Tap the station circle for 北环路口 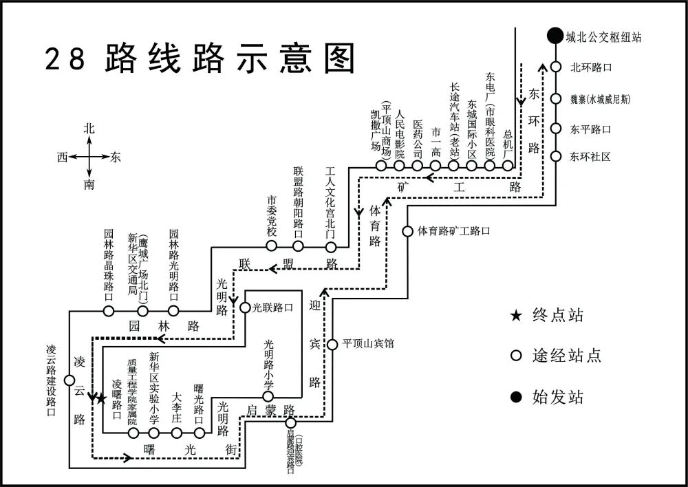[556, 67]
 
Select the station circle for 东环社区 [556, 156]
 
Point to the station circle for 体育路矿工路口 [407, 231]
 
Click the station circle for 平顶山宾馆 [332, 344]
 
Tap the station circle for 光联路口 [245, 308]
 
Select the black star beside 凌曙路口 [101, 398]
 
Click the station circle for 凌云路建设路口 [69, 380]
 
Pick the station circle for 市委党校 [272, 246]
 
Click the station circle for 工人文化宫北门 [331, 246]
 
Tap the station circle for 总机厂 [508, 166]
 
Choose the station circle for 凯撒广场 [381, 166]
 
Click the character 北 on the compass [89, 129]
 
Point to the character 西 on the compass [63, 158]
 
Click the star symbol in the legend [515, 316]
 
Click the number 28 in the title [65, 60]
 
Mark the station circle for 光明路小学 [268, 396]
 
